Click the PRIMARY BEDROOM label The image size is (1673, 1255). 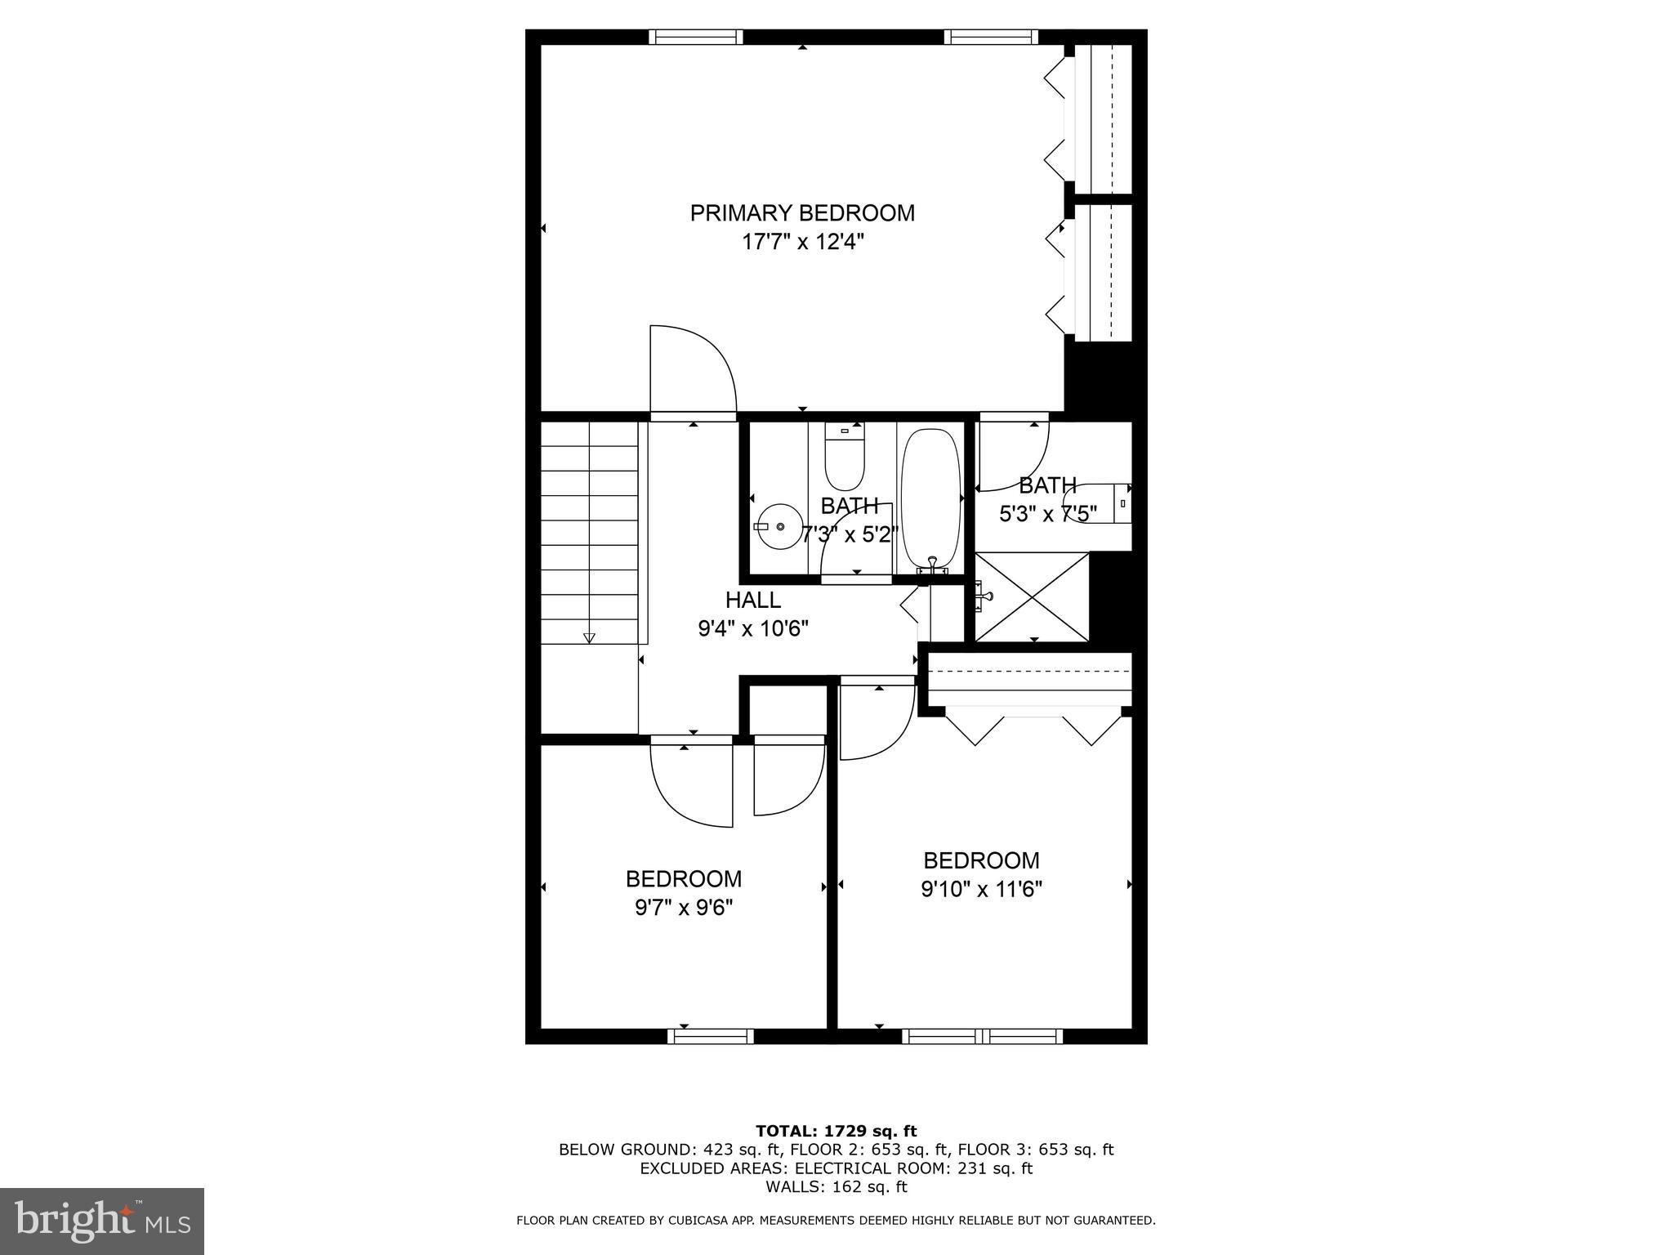[x=802, y=213]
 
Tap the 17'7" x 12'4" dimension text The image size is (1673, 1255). [x=802, y=242]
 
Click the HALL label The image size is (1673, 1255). [x=752, y=600]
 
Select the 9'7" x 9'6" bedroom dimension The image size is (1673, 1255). [x=684, y=908]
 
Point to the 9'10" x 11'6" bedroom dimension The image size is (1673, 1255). [x=981, y=889]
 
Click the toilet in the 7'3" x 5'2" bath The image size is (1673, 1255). [x=844, y=458]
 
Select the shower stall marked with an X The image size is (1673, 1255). [x=1033, y=596]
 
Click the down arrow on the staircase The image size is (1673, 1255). [x=589, y=638]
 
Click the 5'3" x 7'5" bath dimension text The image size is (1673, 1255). [x=1048, y=514]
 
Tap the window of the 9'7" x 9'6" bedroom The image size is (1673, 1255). [x=710, y=1036]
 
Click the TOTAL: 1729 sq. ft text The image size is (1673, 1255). [x=836, y=1131]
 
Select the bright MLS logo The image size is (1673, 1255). [x=101, y=1221]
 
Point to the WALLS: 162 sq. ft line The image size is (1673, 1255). [x=836, y=1187]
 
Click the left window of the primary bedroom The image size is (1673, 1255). [x=696, y=37]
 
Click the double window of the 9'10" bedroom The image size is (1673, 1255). [x=982, y=1036]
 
